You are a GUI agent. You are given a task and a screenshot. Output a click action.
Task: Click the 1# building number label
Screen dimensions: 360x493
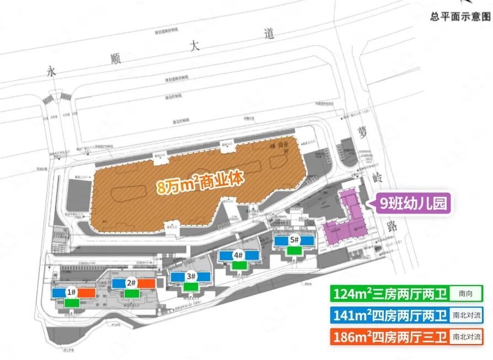coord(71,292)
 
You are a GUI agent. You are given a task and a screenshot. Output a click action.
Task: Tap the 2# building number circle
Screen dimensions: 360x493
coord(131,283)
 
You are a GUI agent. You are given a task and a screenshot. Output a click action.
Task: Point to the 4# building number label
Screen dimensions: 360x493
coord(238,255)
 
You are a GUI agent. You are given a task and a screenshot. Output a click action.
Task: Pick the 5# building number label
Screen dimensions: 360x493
coord(294,240)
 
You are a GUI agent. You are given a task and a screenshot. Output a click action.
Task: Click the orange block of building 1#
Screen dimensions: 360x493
coord(87,293)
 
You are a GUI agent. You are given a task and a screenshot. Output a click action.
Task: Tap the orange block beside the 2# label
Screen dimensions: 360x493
coord(146,283)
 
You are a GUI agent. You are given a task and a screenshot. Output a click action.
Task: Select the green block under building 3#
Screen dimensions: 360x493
coord(191,286)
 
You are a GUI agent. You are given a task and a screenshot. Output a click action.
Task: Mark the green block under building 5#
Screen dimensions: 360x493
coord(294,250)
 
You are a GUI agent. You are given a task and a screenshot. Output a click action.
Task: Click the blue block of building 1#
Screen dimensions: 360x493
coord(58,293)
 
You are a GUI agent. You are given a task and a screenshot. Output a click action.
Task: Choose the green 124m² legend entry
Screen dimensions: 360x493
coord(390,293)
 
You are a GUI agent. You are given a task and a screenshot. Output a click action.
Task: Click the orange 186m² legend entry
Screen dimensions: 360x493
coord(390,336)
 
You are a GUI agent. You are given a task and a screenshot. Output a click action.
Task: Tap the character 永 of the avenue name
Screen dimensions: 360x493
coord(52,71)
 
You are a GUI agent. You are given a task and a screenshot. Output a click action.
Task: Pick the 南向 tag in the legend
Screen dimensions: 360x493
coord(466,293)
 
